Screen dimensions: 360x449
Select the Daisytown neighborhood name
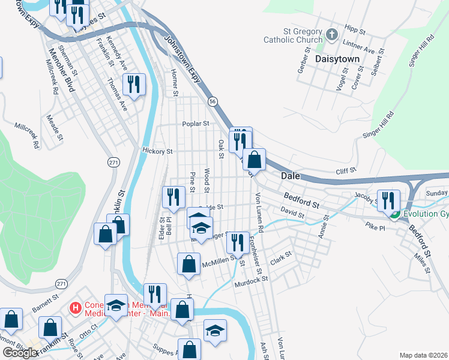tap(337, 59)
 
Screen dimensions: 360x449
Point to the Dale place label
tap(291, 176)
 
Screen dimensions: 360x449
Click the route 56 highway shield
tap(212, 103)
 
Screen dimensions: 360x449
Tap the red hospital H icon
tap(75, 308)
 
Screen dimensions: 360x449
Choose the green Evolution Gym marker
tap(395, 214)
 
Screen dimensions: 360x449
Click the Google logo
tap(19, 352)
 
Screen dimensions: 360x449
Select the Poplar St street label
tap(196, 124)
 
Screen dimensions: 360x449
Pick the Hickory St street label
tap(157, 152)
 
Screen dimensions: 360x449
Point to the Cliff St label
tap(346, 171)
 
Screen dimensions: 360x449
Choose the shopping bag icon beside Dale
tap(255, 160)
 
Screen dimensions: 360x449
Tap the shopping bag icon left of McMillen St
tap(188, 264)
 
